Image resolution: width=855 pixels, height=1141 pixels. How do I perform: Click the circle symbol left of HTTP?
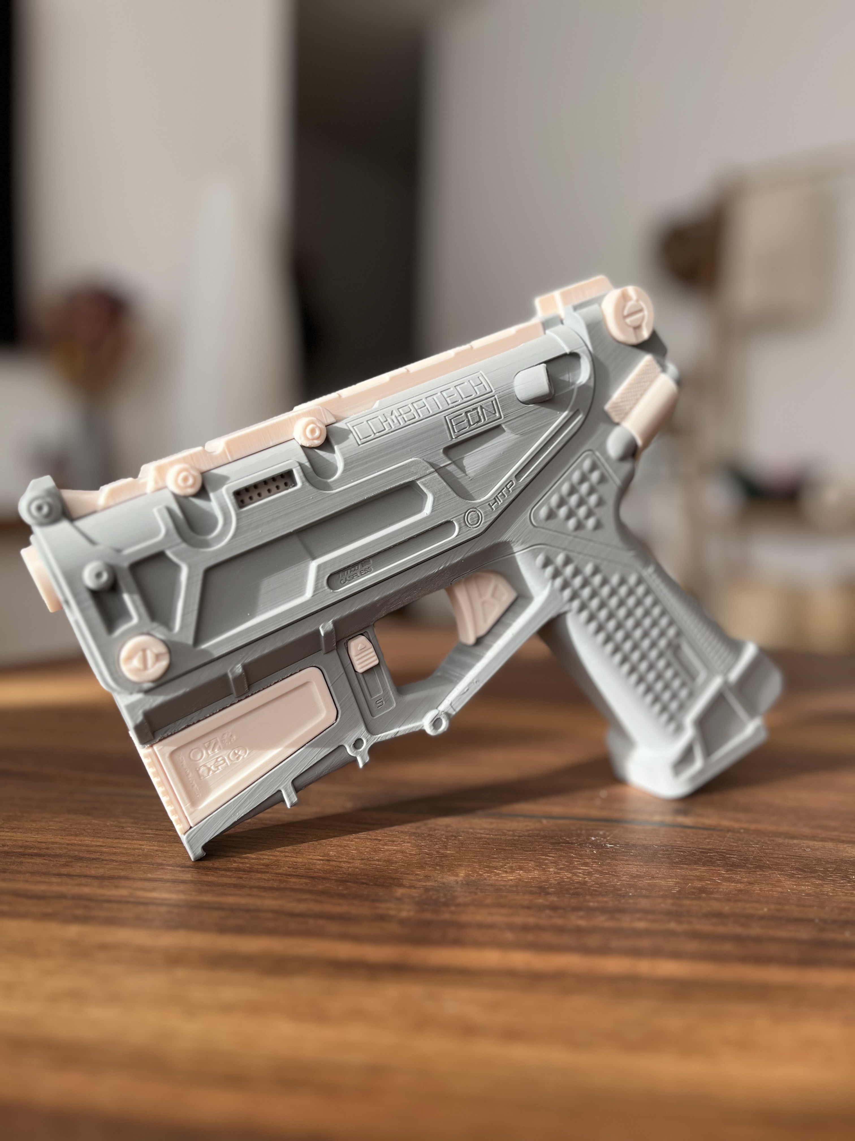coord(472,517)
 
